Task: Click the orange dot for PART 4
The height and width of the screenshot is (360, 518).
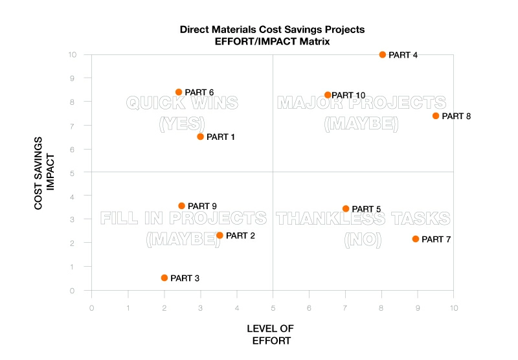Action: pos(383,55)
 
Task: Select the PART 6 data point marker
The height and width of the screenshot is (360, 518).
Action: pos(179,92)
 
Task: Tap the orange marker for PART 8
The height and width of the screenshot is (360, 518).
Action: pos(436,116)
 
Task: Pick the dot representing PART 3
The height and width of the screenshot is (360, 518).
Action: pos(164,278)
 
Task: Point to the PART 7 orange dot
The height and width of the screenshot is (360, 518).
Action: pos(416,239)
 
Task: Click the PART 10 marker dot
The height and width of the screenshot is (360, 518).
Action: pos(328,95)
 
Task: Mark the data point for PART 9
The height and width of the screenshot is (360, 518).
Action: pos(182,206)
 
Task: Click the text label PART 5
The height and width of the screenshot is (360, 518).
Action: pos(366,209)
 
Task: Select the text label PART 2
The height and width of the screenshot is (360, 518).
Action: pos(240,236)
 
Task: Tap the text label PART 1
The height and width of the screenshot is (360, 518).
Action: pos(221,137)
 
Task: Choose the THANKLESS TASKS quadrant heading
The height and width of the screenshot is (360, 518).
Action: pos(363,218)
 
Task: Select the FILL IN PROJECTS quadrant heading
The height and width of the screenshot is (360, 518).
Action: pos(183,218)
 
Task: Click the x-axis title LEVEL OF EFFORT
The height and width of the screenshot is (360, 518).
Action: pos(270,334)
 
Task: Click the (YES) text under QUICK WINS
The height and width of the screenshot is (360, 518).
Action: pos(182,123)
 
